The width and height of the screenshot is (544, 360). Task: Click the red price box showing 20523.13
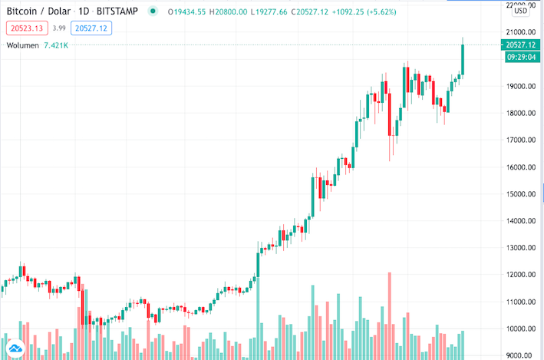(x=26, y=28)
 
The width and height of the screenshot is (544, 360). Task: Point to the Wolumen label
(x=23, y=46)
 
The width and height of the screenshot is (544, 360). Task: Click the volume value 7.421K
(x=57, y=46)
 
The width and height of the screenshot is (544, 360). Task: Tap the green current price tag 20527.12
(x=520, y=45)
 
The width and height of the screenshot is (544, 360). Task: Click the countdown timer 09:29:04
(x=520, y=58)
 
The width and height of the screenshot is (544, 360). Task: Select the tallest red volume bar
(x=390, y=315)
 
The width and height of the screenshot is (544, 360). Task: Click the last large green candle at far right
(x=463, y=59)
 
